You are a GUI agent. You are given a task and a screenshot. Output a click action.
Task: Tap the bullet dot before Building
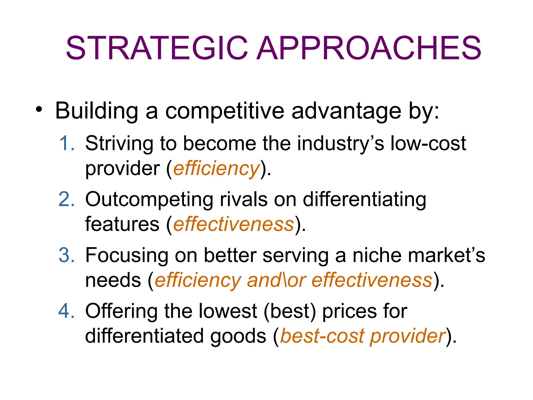point(39,109)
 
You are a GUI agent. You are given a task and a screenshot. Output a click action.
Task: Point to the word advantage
point(346,111)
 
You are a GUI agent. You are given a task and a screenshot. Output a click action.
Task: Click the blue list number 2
point(67,199)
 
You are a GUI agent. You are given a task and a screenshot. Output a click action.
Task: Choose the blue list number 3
point(67,255)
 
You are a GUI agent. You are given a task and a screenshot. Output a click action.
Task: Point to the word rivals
point(244,199)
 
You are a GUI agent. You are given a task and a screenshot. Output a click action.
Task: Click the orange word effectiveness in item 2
point(233,224)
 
